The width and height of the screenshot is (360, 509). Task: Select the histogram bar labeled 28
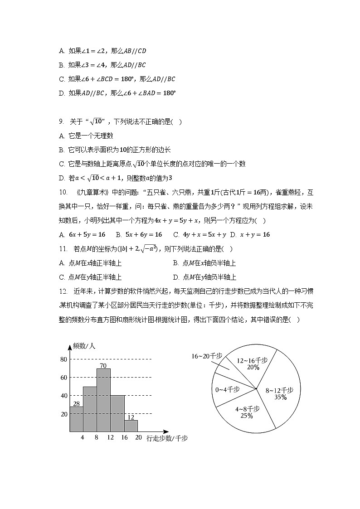click(x=76, y=419)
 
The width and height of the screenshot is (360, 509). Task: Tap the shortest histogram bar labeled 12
click(x=131, y=426)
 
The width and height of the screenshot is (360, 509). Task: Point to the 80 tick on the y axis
click(x=63, y=359)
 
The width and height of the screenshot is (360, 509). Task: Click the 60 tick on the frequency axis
click(x=63, y=378)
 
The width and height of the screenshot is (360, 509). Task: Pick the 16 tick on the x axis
click(x=124, y=438)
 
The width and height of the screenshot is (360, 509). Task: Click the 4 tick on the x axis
click(x=83, y=438)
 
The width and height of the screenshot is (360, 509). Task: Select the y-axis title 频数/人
click(x=84, y=346)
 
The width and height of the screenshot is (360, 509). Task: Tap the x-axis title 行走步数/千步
click(x=167, y=438)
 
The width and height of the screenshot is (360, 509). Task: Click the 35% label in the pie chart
click(x=280, y=398)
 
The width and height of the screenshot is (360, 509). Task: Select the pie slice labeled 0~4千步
click(x=228, y=389)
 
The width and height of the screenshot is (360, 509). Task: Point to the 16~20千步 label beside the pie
click(x=207, y=357)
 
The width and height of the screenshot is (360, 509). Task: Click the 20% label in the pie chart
click(x=253, y=368)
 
